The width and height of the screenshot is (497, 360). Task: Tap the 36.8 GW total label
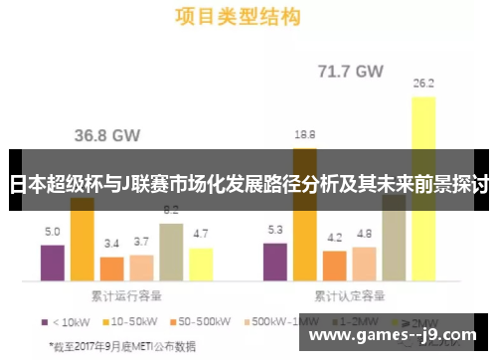click(107, 134)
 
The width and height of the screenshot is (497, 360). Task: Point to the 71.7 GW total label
click(350, 71)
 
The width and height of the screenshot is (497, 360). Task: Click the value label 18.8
click(305, 134)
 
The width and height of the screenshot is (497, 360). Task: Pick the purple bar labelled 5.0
click(52, 264)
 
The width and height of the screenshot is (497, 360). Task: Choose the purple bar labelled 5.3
click(275, 263)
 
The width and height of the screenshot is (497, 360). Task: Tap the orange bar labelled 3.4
click(111, 270)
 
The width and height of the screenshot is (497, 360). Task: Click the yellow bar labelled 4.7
click(201, 265)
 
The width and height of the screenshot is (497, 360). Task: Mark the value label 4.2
click(335, 238)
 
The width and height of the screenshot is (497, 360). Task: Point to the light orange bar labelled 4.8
click(364, 264)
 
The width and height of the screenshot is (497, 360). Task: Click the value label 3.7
click(141, 242)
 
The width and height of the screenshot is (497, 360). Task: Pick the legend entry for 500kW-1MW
click(279, 321)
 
